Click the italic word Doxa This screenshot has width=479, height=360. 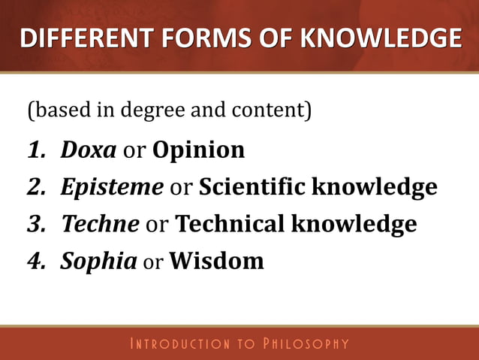click(88, 150)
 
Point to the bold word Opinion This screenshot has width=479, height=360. click(198, 150)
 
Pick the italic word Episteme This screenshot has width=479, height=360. click(112, 187)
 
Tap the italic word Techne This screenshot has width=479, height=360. click(100, 223)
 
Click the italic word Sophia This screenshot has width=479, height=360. click(98, 261)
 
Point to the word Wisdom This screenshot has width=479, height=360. click(216, 261)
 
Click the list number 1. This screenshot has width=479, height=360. click(35, 150)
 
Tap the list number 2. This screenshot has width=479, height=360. click(35, 187)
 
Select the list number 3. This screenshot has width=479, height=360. click(35, 223)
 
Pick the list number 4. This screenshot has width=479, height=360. click(35, 261)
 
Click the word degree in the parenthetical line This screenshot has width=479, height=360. click(149, 111)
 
